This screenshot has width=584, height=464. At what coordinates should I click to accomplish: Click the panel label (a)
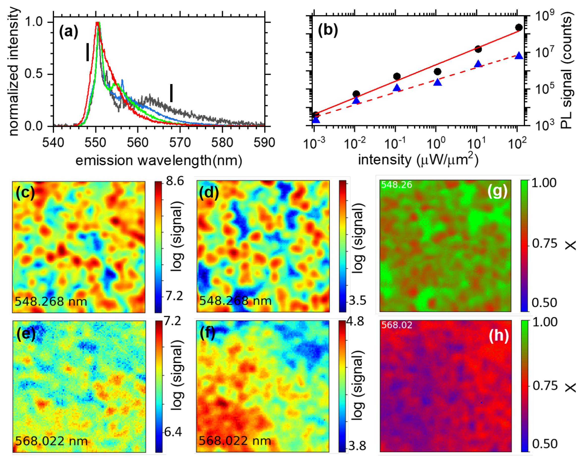(69, 31)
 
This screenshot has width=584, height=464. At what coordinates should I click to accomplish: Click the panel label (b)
(328, 29)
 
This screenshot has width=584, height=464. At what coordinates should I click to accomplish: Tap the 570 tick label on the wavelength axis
(180, 143)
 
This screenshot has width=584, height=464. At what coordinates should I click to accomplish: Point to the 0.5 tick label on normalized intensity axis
(34, 74)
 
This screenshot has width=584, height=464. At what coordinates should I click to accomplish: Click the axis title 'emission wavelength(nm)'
(159, 160)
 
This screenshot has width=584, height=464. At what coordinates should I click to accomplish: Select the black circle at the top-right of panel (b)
(519, 27)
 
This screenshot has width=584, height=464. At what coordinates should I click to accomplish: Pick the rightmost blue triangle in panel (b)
(519, 56)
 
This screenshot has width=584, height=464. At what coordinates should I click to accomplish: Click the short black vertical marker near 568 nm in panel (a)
(171, 93)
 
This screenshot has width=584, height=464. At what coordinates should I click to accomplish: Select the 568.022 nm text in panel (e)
(52, 441)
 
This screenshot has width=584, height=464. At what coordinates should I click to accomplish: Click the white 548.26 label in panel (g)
(396, 185)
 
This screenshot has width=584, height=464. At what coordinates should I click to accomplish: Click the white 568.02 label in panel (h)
(397, 325)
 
